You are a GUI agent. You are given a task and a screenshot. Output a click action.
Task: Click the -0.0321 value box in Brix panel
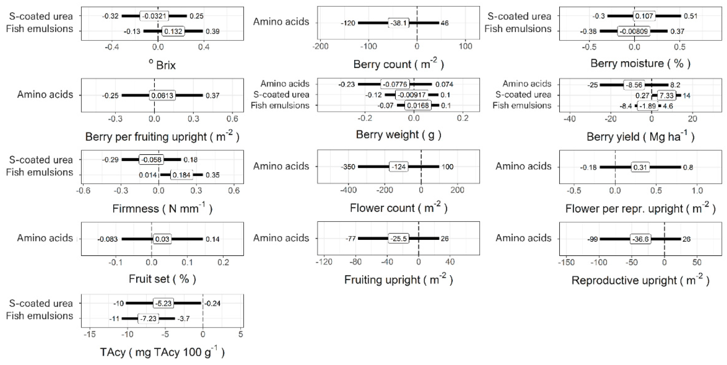pyautogui.click(x=154, y=16)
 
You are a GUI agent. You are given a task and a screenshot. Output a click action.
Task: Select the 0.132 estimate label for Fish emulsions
pyautogui.click(x=173, y=31)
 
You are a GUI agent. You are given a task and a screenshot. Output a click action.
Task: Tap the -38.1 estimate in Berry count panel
pyautogui.click(x=398, y=23)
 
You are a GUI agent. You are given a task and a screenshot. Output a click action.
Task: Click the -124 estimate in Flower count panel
pyautogui.click(x=398, y=167)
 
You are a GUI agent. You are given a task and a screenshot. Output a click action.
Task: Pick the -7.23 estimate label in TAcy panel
pyautogui.click(x=148, y=319)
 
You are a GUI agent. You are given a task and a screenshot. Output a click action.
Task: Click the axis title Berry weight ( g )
pyautogui.click(x=398, y=135)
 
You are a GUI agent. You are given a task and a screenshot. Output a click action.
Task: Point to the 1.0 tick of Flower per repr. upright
pyautogui.click(x=697, y=190)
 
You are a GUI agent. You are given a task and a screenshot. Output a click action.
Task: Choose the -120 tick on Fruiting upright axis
pyautogui.click(x=324, y=262)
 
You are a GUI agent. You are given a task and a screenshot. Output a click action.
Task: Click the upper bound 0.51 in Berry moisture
pyautogui.click(x=691, y=16)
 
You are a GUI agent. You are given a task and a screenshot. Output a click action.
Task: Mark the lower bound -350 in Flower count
pyautogui.click(x=348, y=167)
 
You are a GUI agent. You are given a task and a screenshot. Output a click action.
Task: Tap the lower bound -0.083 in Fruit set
pyautogui.click(x=108, y=239)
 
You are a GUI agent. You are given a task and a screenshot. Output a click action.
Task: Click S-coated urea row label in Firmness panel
pyautogui.click(x=41, y=160)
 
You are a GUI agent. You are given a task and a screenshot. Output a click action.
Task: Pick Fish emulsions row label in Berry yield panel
pyautogui.click(x=522, y=105)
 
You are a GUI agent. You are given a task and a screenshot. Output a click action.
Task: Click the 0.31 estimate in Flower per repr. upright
pyautogui.click(x=640, y=167)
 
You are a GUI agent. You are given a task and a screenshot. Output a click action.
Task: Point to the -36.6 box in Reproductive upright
pyautogui.click(x=640, y=239)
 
